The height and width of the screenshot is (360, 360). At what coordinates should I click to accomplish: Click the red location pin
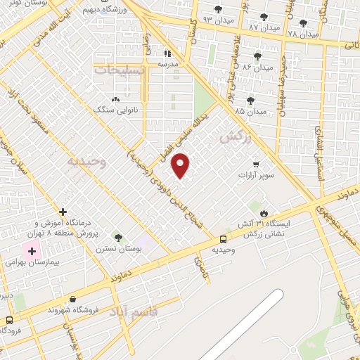181,165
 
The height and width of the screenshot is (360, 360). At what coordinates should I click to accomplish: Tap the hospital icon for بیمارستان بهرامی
31,250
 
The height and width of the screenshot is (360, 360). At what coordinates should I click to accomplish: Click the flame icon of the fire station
264,212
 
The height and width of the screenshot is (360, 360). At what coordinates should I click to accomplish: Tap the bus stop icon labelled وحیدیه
224,239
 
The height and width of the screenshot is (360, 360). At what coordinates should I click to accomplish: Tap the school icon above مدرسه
167,53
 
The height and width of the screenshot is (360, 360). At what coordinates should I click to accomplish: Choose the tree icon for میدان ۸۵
250,101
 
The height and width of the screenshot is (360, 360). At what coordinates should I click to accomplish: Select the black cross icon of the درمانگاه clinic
63,211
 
